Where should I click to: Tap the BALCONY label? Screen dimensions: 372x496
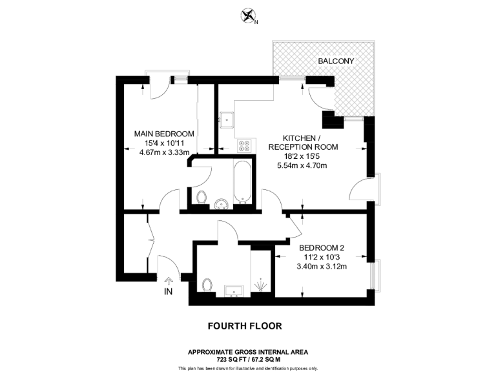pyautogui.click(x=335, y=61)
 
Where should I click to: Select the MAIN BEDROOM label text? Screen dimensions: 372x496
pyautogui.click(x=164, y=134)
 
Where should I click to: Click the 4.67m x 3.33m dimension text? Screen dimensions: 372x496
pyautogui.click(x=164, y=152)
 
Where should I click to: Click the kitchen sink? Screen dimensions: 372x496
pyautogui.click(x=227, y=119)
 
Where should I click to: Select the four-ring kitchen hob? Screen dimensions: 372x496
pyautogui.click(x=244, y=147)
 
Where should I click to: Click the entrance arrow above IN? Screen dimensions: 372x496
pyautogui.click(x=169, y=280)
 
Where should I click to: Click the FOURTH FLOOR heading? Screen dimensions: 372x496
pyautogui.click(x=247, y=326)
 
